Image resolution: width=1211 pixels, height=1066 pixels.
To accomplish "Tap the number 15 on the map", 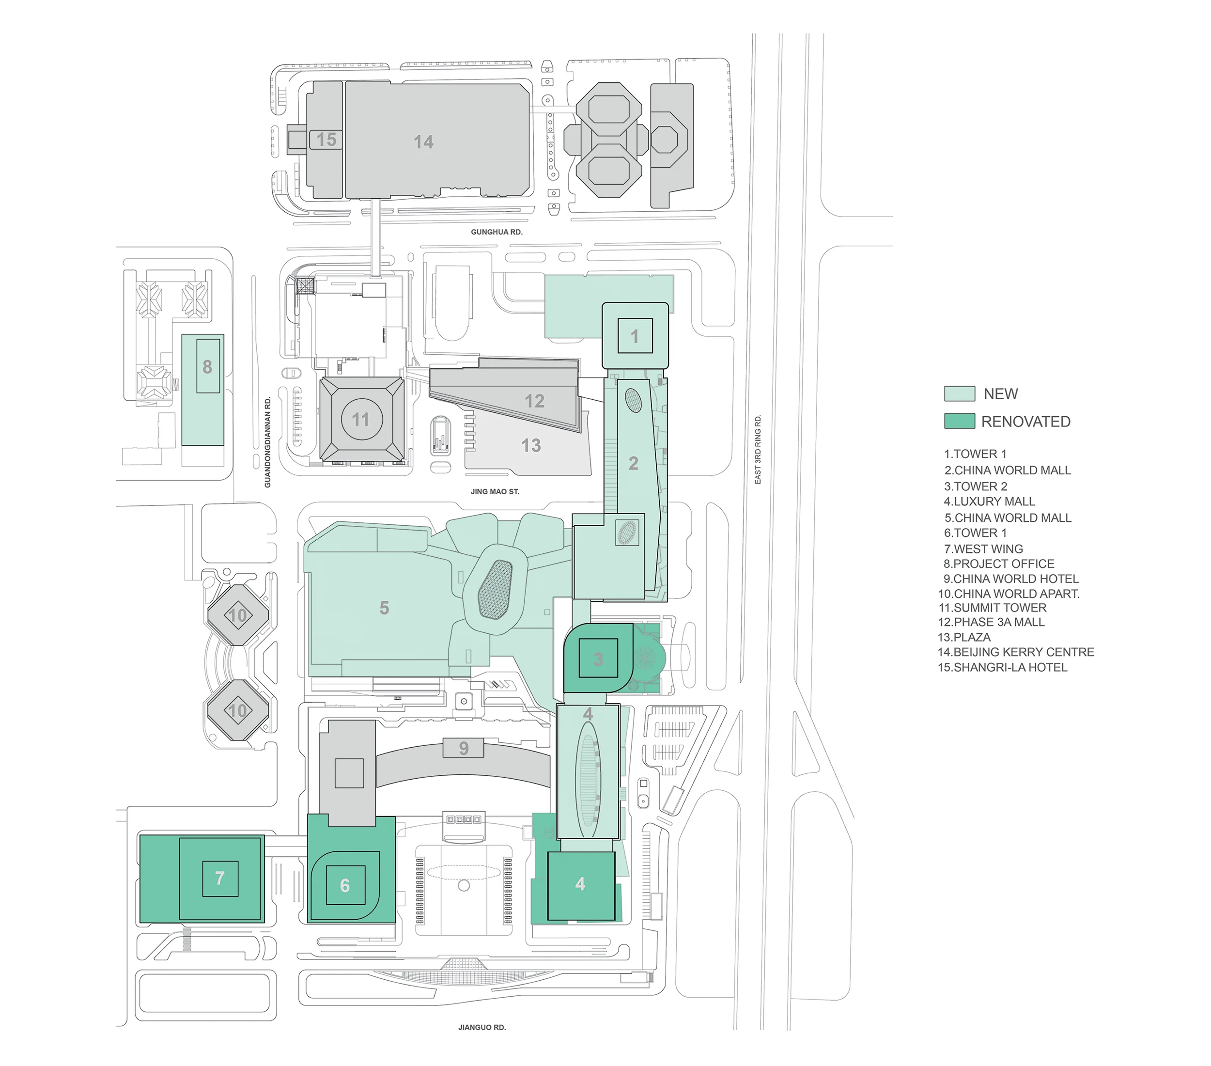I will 326,140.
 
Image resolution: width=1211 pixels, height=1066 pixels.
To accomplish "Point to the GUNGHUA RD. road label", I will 497,232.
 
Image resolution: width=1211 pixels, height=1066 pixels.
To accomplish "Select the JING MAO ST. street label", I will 495,491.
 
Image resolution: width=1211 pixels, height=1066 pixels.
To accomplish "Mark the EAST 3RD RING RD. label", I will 758,450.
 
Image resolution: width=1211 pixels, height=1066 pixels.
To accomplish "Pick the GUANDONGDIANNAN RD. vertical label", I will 268,442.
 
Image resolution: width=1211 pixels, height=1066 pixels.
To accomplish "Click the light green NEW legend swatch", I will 959,393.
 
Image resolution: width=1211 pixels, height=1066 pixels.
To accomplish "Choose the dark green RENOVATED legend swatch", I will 959,421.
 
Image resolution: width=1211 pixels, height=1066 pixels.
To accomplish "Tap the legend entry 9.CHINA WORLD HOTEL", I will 1011,579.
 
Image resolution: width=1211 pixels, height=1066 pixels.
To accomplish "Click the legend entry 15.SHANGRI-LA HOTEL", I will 1002,668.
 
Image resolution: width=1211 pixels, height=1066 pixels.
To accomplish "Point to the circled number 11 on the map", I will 361,420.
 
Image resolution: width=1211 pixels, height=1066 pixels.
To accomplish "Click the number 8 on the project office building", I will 207,367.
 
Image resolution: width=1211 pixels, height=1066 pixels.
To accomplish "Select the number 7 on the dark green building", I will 220,878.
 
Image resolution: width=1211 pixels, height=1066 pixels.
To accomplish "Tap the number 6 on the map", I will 345,886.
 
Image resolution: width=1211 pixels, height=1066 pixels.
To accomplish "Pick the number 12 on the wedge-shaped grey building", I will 534,401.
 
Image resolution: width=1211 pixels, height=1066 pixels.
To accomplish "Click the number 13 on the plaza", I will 531,446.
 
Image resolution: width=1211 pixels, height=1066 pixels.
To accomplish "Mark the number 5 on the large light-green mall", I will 385,608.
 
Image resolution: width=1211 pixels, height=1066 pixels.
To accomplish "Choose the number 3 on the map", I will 598,659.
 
